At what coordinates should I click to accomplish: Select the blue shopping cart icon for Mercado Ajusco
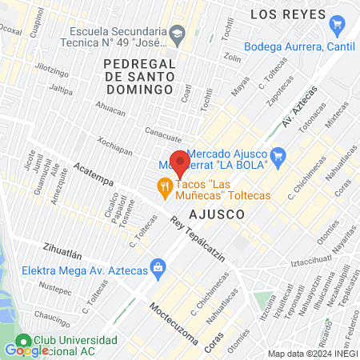(x=278, y=154)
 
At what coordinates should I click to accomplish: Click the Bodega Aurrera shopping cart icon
(x=337, y=26)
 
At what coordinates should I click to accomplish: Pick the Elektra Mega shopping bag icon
(x=158, y=265)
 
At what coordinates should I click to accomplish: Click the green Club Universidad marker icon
(x=24, y=339)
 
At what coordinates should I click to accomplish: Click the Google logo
(x=26, y=350)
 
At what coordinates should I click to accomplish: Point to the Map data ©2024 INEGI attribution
(x=312, y=354)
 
